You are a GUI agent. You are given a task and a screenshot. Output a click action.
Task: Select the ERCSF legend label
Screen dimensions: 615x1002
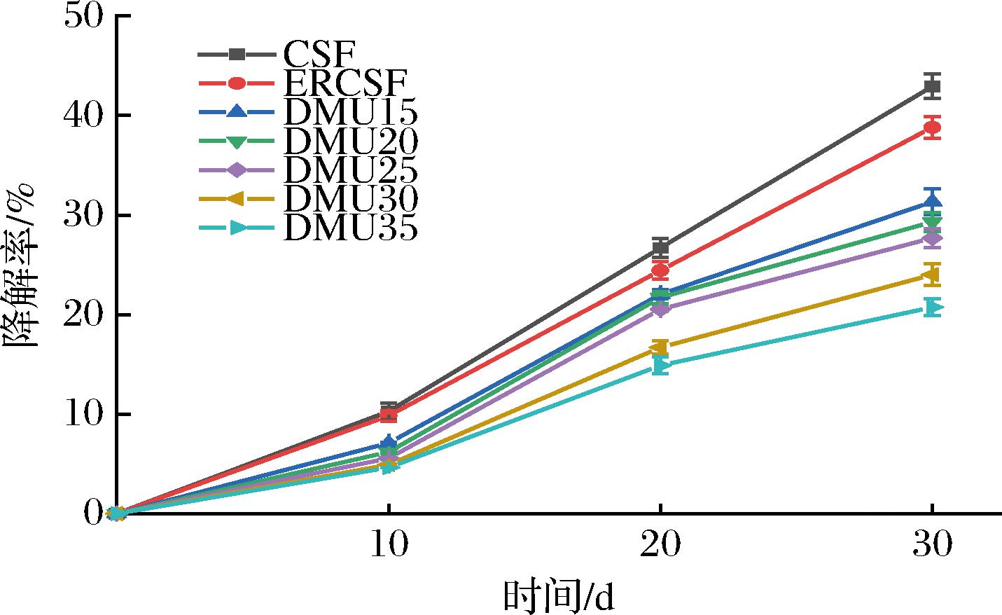click(x=345, y=83)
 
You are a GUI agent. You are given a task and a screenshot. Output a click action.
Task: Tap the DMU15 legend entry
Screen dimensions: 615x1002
click(x=350, y=112)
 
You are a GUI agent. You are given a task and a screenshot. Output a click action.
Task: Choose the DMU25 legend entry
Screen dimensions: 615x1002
click(x=350, y=170)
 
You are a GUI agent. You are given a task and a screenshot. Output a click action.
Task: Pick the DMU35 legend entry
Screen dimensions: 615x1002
click(x=350, y=228)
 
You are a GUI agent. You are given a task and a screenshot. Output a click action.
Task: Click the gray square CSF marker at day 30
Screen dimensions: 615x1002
click(x=932, y=87)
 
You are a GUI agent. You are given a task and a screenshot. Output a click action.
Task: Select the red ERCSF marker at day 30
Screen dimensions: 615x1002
click(x=932, y=127)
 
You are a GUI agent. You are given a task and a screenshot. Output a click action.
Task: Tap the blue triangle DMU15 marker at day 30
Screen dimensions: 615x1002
click(x=932, y=202)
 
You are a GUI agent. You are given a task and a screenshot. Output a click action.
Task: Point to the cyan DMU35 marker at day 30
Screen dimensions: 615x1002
click(x=932, y=307)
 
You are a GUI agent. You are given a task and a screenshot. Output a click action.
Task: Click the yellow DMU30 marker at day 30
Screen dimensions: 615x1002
click(x=932, y=275)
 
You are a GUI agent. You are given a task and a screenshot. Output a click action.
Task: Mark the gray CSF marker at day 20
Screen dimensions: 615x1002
click(x=660, y=247)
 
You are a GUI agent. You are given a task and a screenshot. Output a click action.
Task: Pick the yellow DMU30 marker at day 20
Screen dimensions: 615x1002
click(x=660, y=347)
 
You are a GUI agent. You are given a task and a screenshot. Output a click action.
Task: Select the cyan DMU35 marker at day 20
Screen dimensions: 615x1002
click(x=660, y=366)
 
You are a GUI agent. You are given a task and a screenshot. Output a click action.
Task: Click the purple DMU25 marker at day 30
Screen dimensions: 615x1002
click(x=932, y=239)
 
